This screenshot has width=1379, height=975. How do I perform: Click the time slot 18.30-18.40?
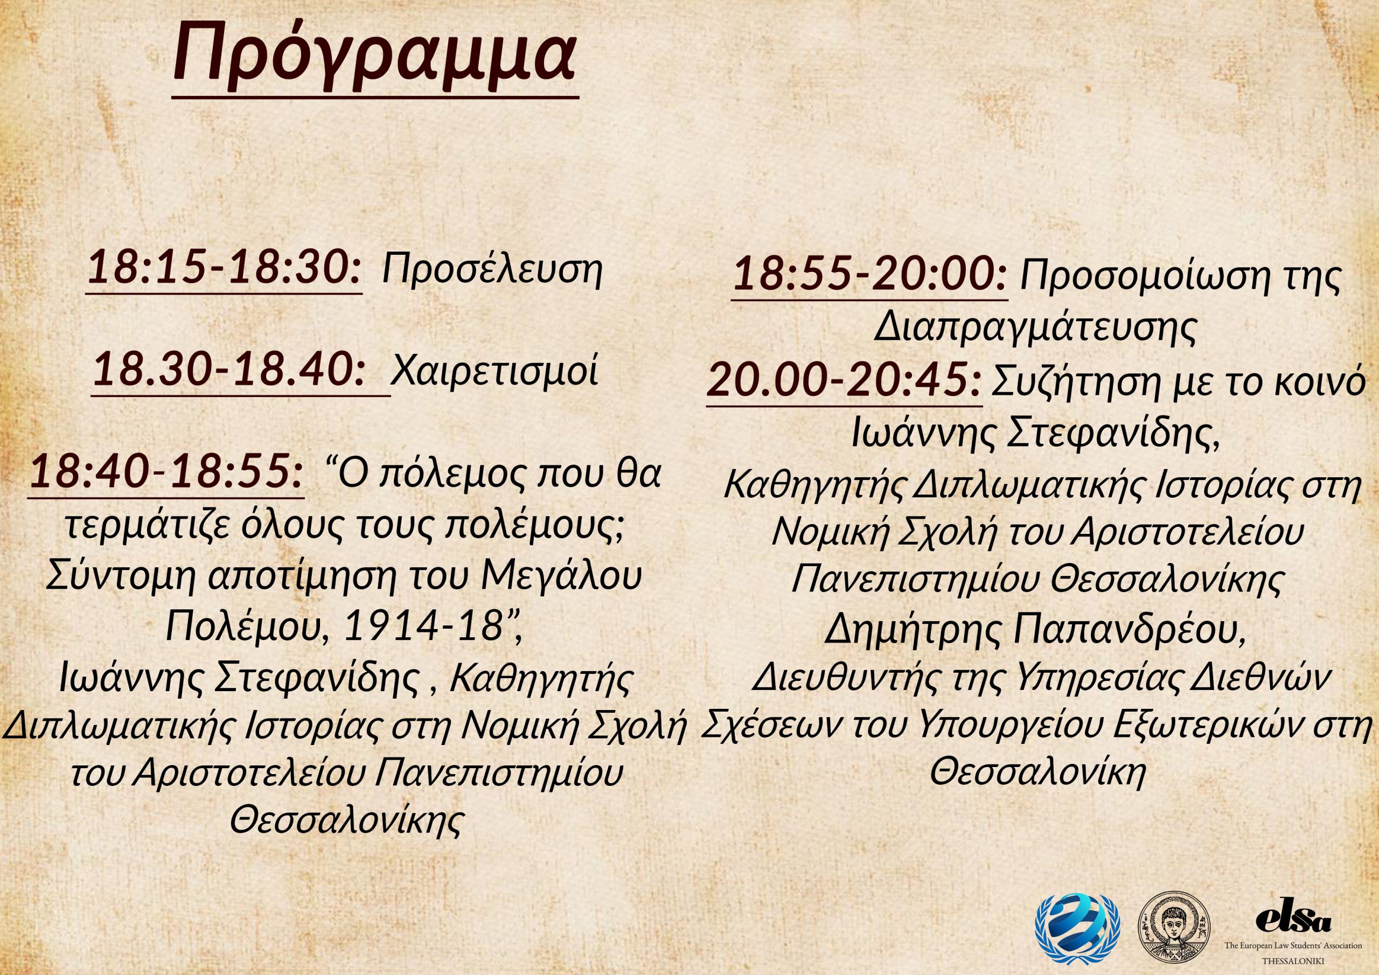click(x=229, y=370)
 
